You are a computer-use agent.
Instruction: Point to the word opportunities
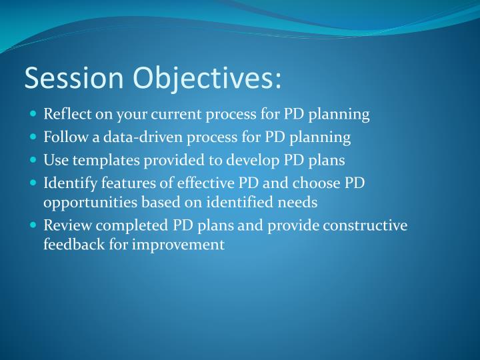(89, 201)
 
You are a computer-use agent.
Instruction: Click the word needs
(298, 201)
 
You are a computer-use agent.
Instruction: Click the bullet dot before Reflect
(34, 114)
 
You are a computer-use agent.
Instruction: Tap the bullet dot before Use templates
(34, 161)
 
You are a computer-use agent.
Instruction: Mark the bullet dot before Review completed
(34, 225)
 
